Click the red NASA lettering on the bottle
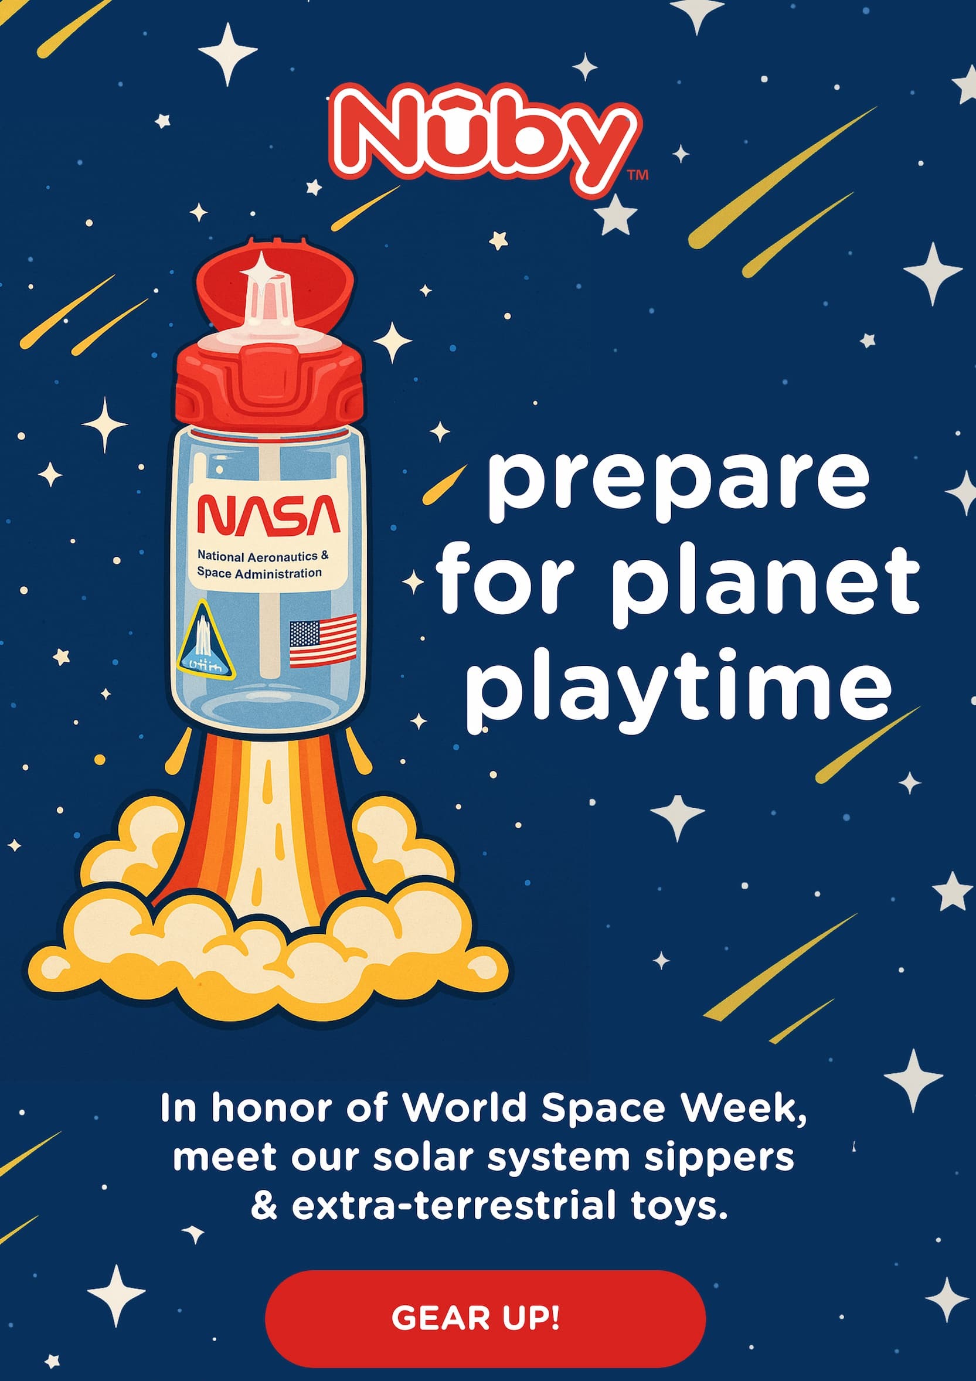click(x=269, y=515)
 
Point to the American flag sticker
click(x=323, y=641)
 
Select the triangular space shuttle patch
click(x=205, y=641)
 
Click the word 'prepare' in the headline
click(x=678, y=487)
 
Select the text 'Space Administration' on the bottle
click(x=259, y=573)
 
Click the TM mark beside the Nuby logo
click(x=637, y=175)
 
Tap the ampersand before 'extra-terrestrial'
click(x=264, y=1205)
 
